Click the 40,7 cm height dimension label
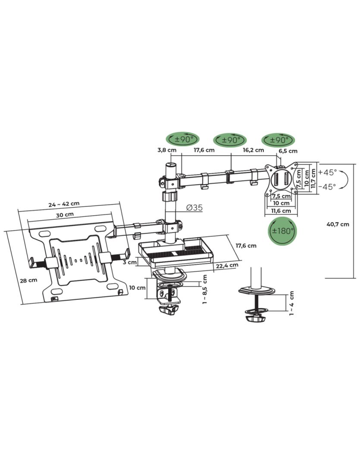point(338,224)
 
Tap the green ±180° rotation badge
point(281,230)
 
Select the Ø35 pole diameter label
point(195,208)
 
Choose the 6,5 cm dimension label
point(288,151)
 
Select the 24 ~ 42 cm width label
point(64,204)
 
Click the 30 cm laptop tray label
point(65,214)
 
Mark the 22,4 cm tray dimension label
point(228,265)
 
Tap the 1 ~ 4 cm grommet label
point(292,302)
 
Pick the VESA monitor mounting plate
point(281,178)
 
